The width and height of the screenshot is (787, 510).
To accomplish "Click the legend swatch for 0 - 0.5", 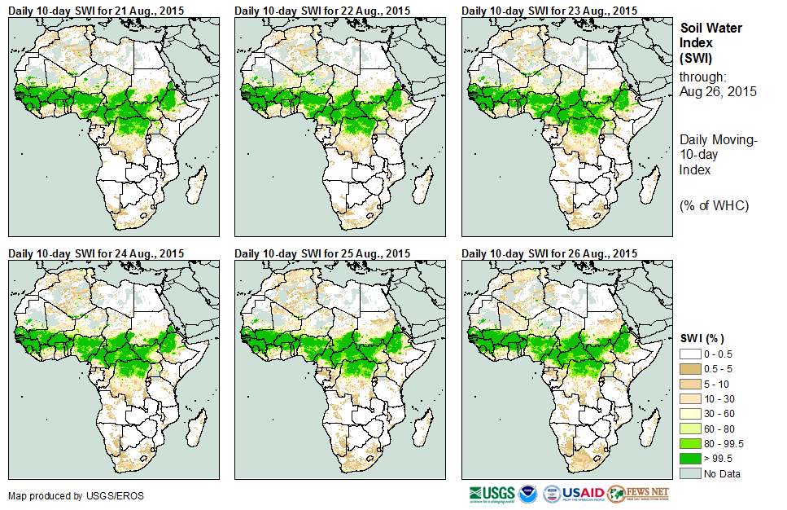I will [690, 353].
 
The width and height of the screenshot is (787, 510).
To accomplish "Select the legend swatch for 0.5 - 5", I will [690, 370].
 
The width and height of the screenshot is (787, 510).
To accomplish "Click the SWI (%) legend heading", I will [702, 338].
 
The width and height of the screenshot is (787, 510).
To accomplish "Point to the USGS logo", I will [492, 494].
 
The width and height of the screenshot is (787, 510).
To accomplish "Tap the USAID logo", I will [584, 494].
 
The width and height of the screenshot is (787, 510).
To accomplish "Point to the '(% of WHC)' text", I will [713, 205].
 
